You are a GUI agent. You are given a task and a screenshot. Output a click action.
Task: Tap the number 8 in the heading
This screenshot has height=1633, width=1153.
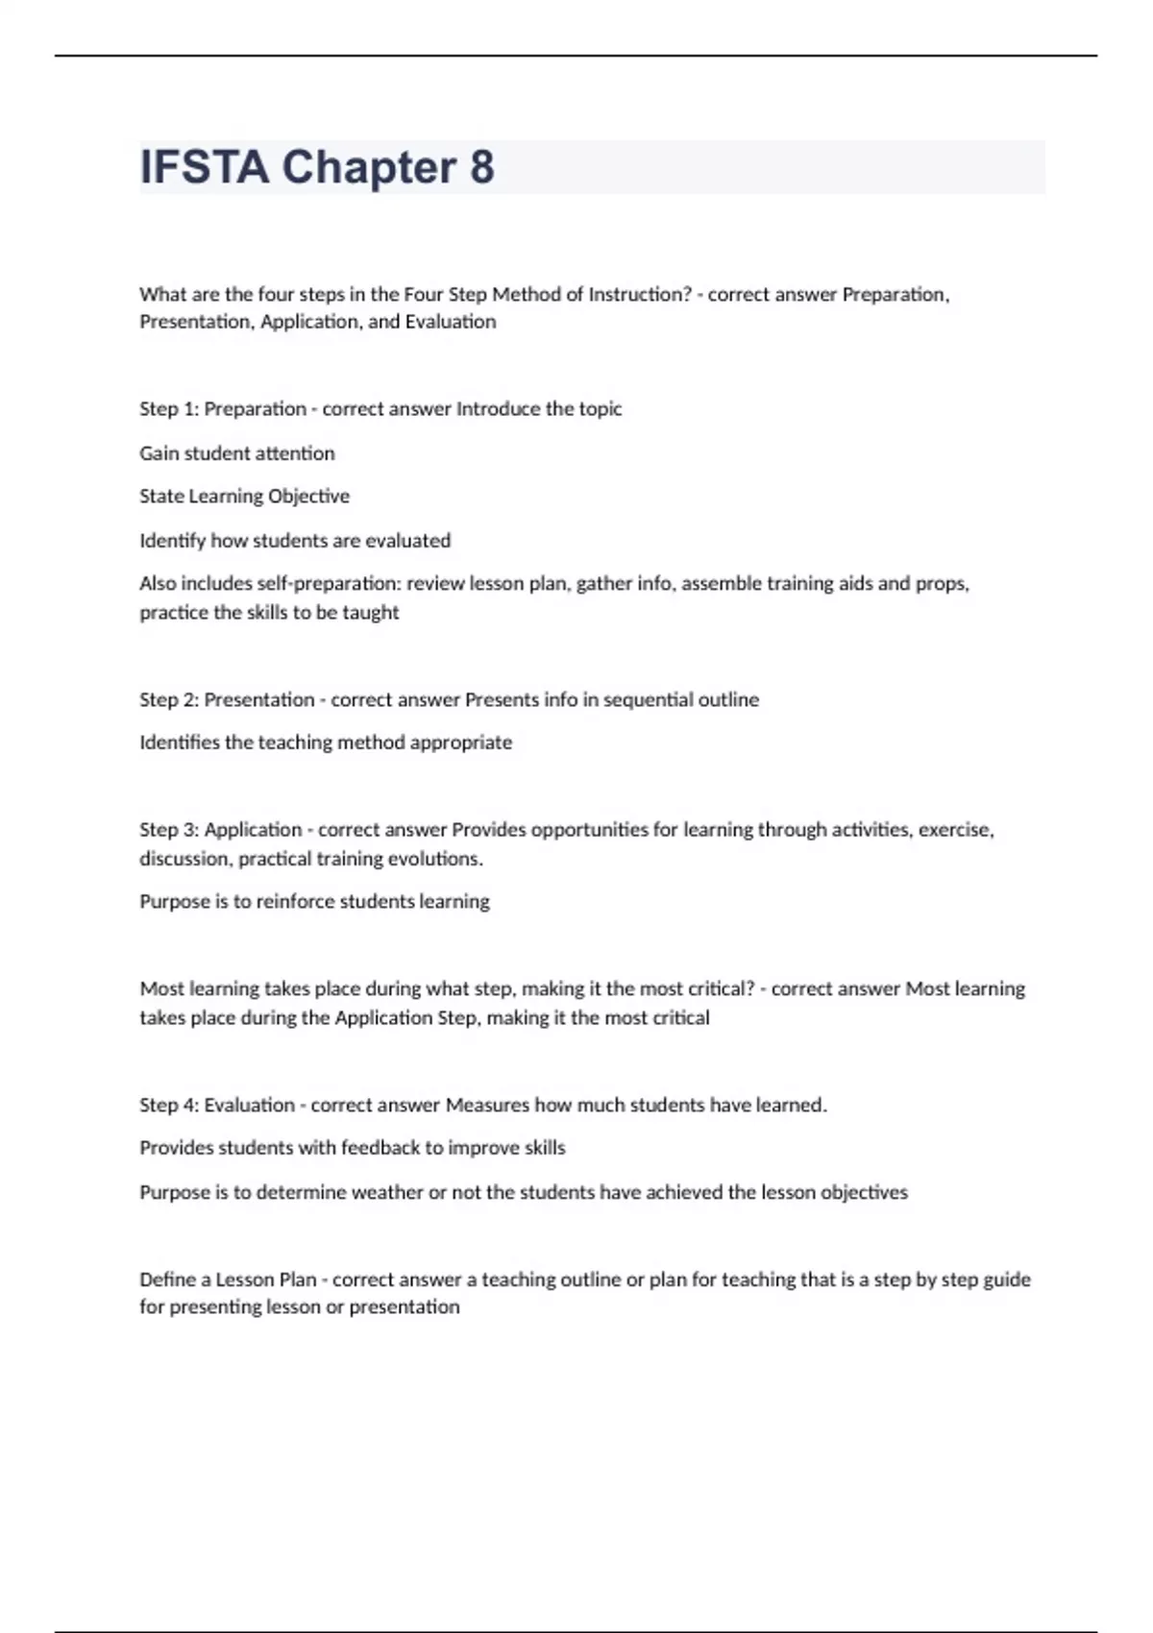(482, 167)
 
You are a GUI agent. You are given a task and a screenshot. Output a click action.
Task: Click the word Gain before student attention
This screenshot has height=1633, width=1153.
(159, 452)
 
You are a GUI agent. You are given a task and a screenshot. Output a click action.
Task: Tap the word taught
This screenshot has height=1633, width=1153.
(370, 612)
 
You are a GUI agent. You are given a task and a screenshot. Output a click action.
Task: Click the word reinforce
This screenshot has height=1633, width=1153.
(298, 901)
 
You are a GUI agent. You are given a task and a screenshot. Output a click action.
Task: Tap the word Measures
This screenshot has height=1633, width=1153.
(487, 1105)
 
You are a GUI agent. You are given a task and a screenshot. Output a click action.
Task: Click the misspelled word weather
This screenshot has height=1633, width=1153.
(387, 1192)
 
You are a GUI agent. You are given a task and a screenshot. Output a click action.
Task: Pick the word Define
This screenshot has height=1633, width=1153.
(167, 1280)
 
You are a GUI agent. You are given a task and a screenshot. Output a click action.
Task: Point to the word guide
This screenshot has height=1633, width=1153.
(1006, 1280)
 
